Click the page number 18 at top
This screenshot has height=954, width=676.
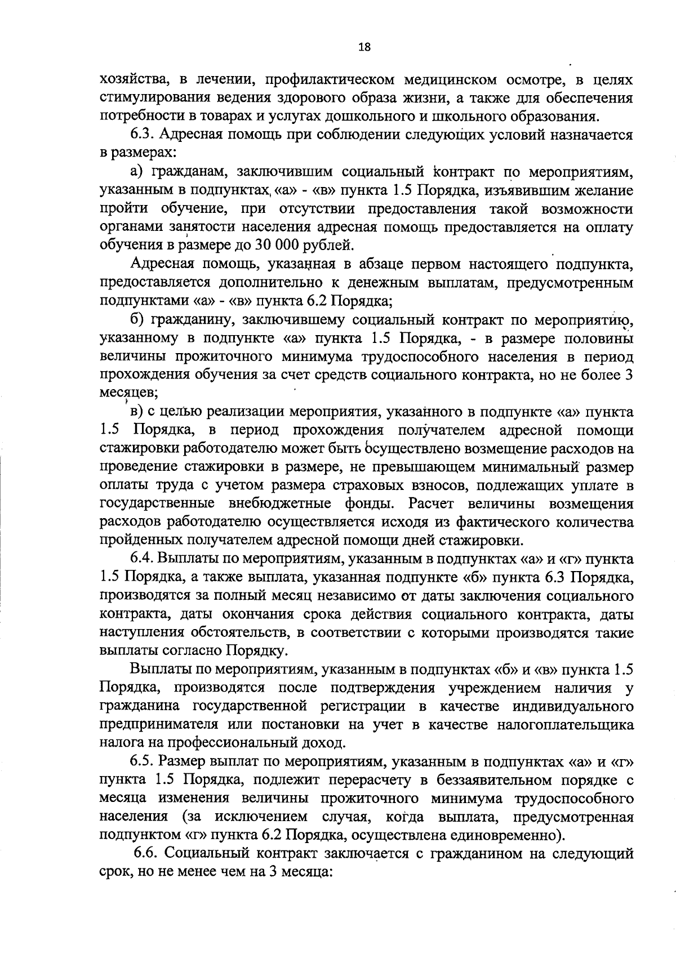(x=364, y=47)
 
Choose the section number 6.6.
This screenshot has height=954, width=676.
(x=146, y=854)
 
